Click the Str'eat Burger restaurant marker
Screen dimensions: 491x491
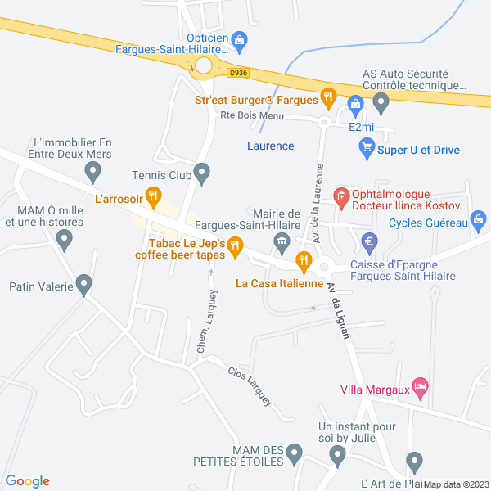point(327,97)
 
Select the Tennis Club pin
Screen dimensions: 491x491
point(204,173)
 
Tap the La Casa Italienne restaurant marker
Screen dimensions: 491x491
point(304,262)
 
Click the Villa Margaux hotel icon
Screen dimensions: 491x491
point(421,387)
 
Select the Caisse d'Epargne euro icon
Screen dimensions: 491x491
point(368,241)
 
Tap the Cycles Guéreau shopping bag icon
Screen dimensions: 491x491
point(479,219)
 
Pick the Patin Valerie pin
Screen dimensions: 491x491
point(83,284)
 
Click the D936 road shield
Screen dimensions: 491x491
point(238,72)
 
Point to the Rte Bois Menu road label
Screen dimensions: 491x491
point(252,115)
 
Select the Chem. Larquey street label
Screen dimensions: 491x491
point(205,322)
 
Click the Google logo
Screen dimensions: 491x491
point(28,481)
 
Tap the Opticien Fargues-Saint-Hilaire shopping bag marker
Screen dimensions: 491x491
point(240,37)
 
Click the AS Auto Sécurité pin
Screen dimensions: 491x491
point(380,101)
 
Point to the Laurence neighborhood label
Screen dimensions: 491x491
point(270,146)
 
